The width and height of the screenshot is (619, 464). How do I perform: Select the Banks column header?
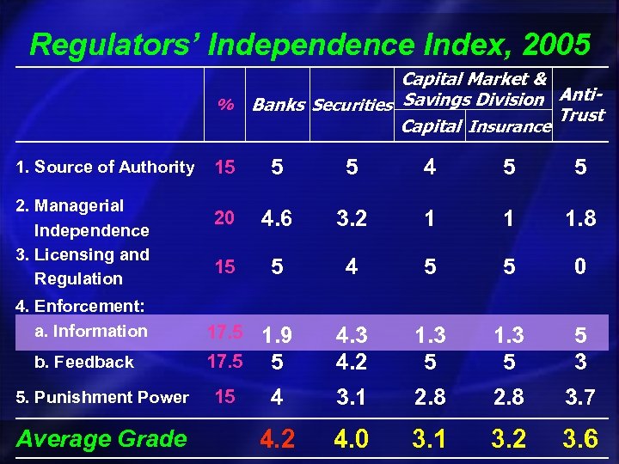point(278,106)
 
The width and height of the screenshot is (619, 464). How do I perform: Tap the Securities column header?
point(352,106)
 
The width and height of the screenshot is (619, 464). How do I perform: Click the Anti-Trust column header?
point(582,103)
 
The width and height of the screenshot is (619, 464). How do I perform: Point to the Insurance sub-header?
point(510,126)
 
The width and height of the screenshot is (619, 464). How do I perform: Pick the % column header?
point(225,105)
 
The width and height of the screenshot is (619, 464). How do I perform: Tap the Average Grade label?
point(101,439)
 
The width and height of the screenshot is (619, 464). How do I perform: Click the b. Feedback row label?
point(83,362)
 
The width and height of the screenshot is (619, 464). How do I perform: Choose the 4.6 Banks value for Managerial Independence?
point(277,218)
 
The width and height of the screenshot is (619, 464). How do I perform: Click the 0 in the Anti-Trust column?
point(580,266)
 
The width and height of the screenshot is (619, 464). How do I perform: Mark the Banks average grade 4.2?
point(277,439)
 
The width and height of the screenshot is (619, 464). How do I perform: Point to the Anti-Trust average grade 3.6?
point(580,439)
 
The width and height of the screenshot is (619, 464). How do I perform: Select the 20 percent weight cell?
point(224,218)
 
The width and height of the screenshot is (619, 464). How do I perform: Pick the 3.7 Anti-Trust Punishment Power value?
point(580,397)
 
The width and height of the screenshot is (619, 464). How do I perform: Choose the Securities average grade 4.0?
point(352,439)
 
